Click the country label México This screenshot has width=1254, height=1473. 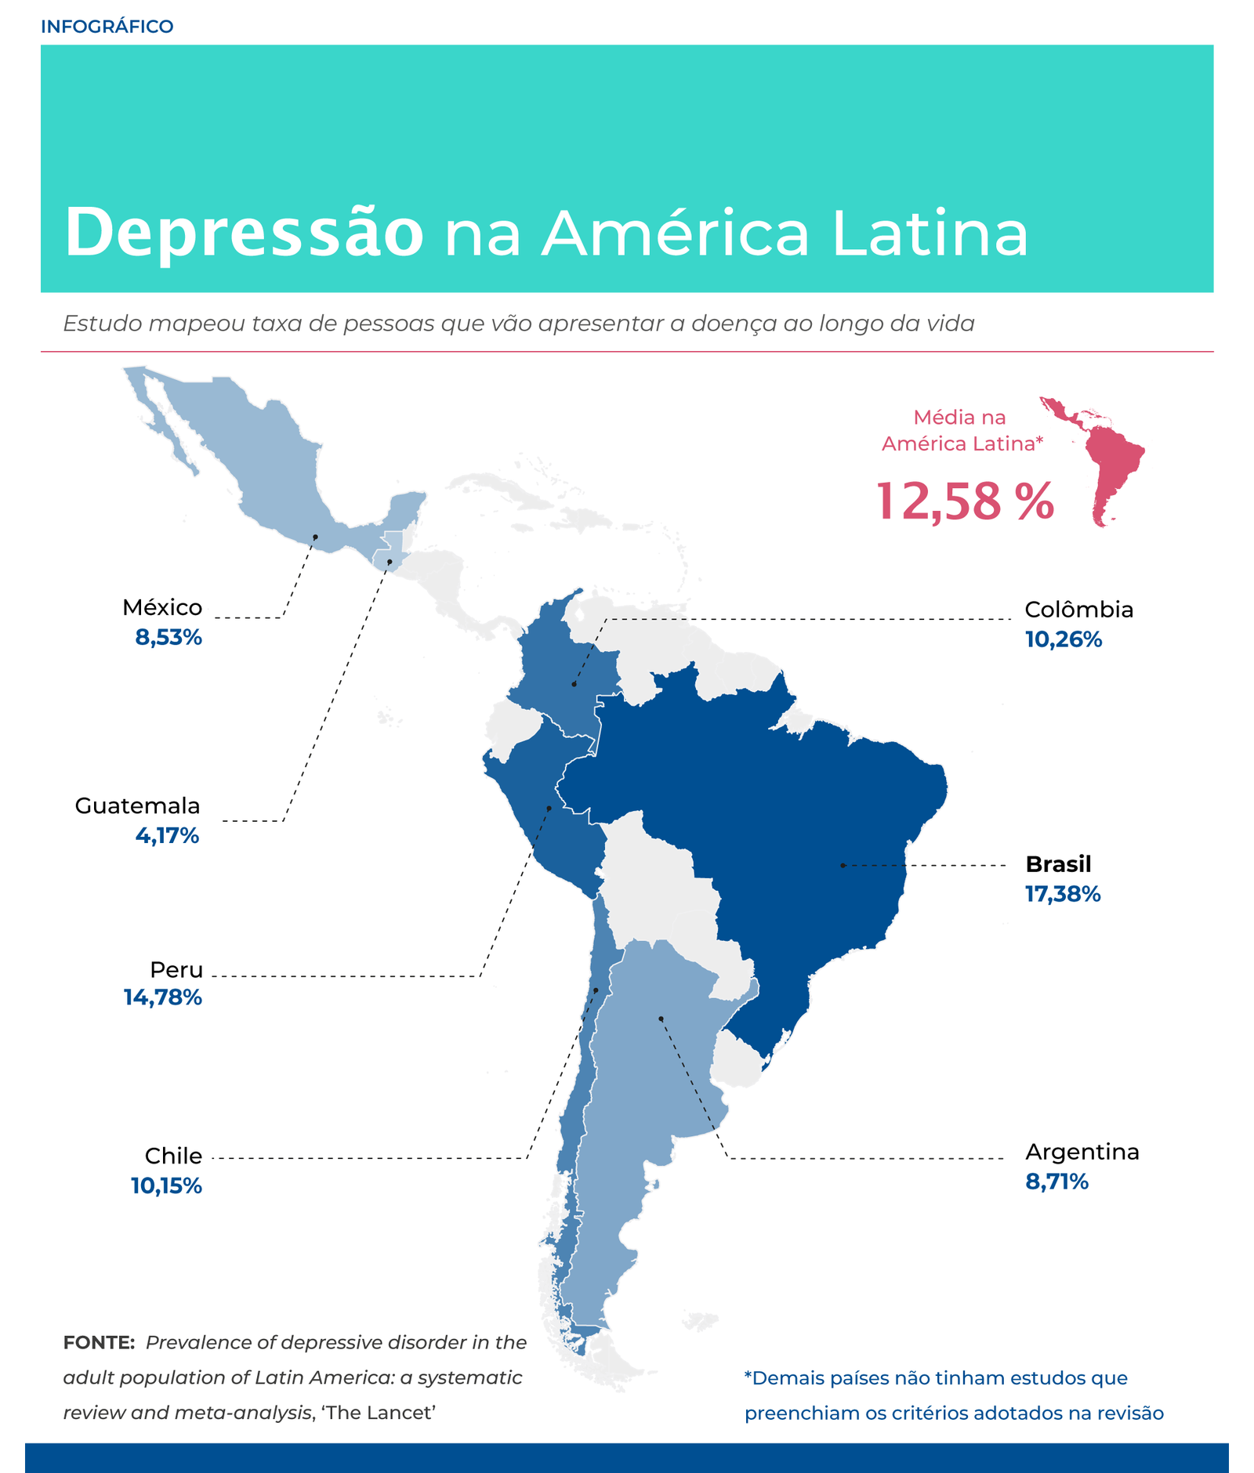point(162,607)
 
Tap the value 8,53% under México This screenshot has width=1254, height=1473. point(169,637)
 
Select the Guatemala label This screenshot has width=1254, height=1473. point(137,805)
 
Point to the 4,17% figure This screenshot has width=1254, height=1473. point(167,835)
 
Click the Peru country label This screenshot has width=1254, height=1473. point(176,969)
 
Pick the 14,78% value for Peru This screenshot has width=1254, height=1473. point(163,997)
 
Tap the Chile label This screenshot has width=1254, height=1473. point(173,1156)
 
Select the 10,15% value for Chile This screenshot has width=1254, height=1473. point(166,1185)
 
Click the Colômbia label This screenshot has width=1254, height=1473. point(1079,610)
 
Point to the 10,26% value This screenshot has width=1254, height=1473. point(1064,639)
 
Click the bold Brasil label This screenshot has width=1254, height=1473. point(1058,864)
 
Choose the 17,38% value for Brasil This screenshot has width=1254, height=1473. point(1063,894)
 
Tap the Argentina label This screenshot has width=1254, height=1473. point(1082,1152)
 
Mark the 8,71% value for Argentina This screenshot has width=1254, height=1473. point(1057,1182)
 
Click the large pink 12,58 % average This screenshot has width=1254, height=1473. point(965,501)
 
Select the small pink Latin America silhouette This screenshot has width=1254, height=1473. point(1093,461)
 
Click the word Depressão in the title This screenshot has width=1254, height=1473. point(245,233)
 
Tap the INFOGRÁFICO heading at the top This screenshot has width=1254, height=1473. point(107,27)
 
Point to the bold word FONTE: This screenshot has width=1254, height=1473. point(100,1342)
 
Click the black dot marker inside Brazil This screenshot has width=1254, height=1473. point(843,865)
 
